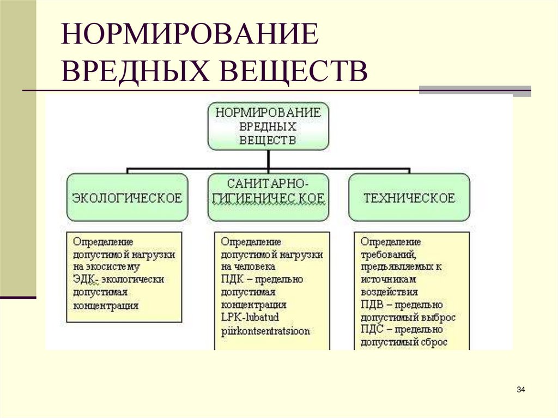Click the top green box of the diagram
(268, 126)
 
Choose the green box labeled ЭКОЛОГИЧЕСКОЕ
(127, 197)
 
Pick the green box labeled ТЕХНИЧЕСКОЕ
(409, 197)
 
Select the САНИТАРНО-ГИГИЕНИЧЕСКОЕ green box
(268, 197)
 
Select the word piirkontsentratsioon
(265, 331)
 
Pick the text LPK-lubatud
(250, 318)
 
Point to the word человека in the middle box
(254, 266)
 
